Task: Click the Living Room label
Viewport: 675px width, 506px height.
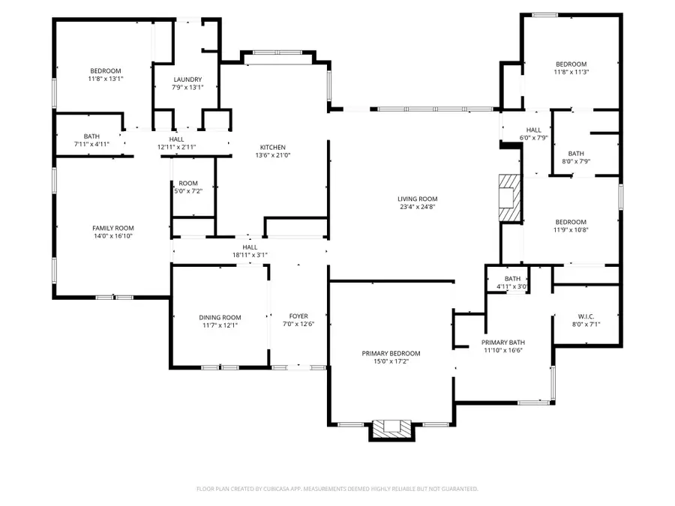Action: pyautogui.click(x=417, y=199)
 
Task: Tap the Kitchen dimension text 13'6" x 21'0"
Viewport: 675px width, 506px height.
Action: pyautogui.click(x=273, y=155)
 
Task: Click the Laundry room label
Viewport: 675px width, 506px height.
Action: pyautogui.click(x=187, y=79)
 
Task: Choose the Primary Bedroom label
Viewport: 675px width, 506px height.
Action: pyautogui.click(x=391, y=353)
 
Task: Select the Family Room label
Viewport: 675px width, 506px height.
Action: pyautogui.click(x=113, y=227)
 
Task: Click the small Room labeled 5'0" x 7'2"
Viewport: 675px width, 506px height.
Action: pyautogui.click(x=188, y=183)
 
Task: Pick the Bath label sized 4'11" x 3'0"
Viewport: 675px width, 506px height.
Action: pyautogui.click(x=512, y=279)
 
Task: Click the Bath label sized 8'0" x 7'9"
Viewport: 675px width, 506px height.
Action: pyautogui.click(x=576, y=153)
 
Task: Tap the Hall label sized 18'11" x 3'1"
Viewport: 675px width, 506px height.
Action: pyautogui.click(x=250, y=247)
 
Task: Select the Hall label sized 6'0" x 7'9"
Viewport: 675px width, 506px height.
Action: pyautogui.click(x=533, y=130)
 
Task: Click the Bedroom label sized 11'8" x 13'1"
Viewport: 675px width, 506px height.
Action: pyautogui.click(x=105, y=70)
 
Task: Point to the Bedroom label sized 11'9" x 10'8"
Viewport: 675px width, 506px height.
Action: pyautogui.click(x=571, y=222)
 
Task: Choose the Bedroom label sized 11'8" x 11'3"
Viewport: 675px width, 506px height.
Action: pyautogui.click(x=571, y=64)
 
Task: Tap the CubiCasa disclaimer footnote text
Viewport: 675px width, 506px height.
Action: pyautogui.click(x=337, y=489)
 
